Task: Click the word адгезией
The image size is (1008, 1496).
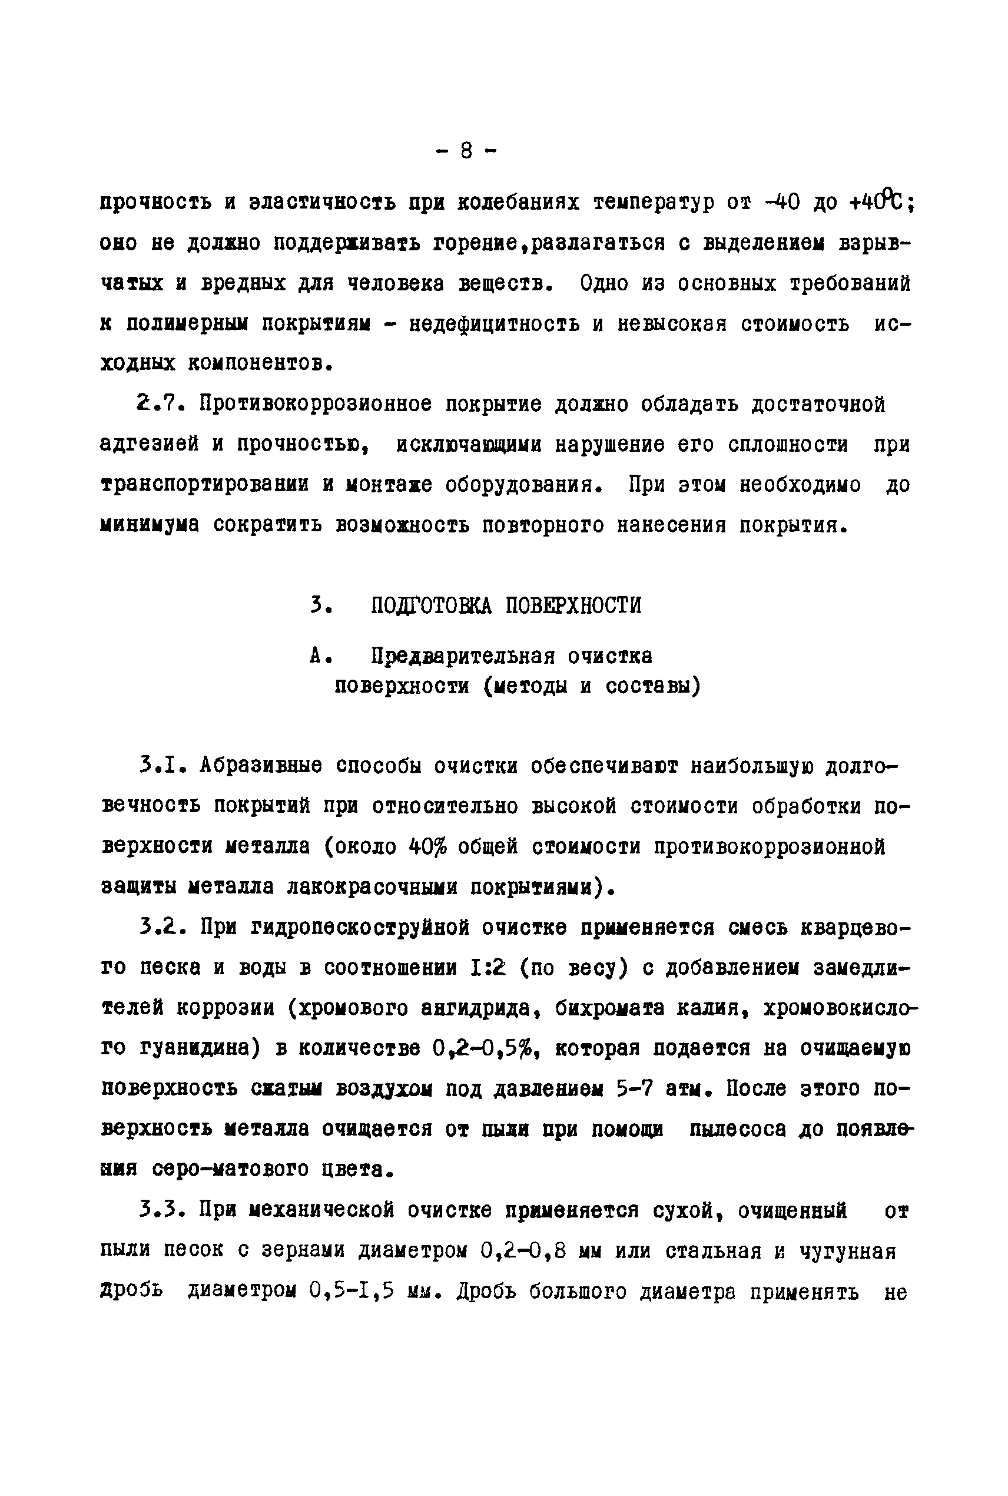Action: pyautogui.click(x=150, y=444)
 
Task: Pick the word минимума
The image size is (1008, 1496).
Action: pyautogui.click(x=150, y=525)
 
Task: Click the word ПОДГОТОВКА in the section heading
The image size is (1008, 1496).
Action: pyautogui.click(x=432, y=605)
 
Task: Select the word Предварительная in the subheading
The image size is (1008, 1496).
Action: pyautogui.click(x=463, y=656)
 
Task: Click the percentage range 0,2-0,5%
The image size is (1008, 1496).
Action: pyautogui.click(x=485, y=1048)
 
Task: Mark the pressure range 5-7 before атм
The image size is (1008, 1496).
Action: pyautogui.click(x=634, y=1089)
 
